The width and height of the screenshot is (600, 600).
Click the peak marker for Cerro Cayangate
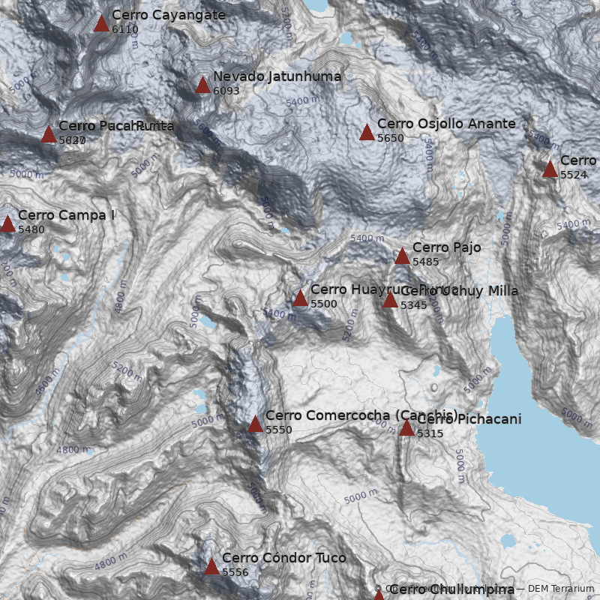tap(101, 24)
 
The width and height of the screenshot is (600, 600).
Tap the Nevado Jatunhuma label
tap(277, 76)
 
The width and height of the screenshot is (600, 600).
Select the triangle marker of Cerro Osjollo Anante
tap(367, 133)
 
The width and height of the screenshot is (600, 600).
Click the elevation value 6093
tap(226, 91)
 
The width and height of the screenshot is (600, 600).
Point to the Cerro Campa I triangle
tap(7, 224)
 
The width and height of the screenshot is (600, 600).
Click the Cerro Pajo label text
tap(446, 247)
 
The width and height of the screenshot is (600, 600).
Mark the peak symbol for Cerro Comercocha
tap(255, 424)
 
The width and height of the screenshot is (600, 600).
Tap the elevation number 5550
tap(278, 430)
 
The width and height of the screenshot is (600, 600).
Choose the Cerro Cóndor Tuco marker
tap(211, 567)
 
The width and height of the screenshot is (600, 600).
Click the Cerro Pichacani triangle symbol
tap(406, 429)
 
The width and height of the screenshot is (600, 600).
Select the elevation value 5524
tap(574, 175)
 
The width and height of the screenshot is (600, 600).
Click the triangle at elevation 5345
tap(390, 301)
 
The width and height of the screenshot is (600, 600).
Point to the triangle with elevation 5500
tap(300, 298)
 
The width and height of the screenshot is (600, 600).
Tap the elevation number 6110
tap(124, 30)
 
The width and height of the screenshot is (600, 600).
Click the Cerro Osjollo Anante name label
tap(446, 124)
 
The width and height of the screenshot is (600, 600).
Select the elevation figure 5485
tap(425, 262)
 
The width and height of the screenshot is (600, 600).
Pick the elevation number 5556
tap(235, 573)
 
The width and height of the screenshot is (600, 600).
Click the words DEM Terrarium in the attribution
tap(560, 589)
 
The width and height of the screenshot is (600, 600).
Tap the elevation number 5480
tap(31, 230)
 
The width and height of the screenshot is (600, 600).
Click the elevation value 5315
tap(430, 434)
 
